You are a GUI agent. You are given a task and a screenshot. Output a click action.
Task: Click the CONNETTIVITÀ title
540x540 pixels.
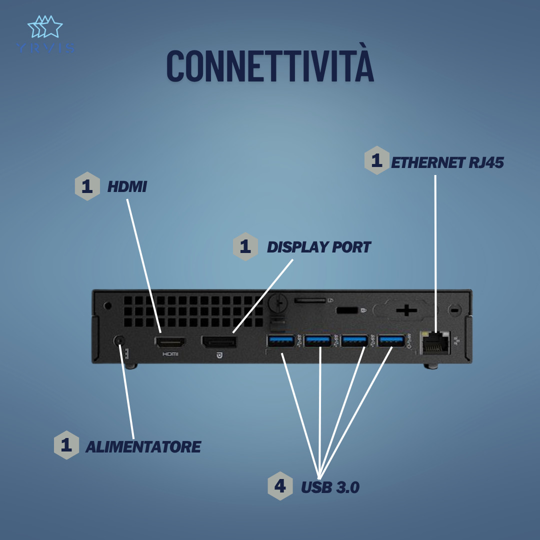click(x=270, y=65)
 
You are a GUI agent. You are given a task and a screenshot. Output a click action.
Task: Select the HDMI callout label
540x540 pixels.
click(x=127, y=186)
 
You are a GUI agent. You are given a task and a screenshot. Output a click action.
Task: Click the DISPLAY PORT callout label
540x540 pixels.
click(x=318, y=247)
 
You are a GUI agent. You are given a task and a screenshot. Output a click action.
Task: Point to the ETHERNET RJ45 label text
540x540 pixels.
click(x=447, y=162)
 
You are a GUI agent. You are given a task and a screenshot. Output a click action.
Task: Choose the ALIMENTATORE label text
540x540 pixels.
click(x=143, y=446)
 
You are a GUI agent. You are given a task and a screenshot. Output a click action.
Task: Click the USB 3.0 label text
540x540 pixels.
click(x=330, y=487)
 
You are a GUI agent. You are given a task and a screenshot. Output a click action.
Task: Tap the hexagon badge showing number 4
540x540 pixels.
click(x=280, y=486)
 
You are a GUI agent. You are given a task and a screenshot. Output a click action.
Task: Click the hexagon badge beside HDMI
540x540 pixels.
click(x=87, y=186)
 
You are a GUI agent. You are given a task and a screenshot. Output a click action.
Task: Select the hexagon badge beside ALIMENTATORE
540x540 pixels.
click(x=66, y=445)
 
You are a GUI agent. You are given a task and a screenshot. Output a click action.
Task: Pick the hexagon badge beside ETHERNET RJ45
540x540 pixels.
click(x=377, y=160)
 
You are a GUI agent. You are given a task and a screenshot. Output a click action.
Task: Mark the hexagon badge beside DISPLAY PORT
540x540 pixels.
click(x=245, y=246)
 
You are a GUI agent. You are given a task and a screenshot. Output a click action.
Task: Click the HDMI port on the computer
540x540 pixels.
click(x=170, y=342)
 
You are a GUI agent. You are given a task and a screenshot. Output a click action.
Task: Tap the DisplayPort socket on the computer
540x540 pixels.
click(x=219, y=342)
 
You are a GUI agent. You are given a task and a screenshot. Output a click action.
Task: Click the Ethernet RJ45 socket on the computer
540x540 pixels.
click(x=435, y=342)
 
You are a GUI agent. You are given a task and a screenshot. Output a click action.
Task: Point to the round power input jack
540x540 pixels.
click(x=119, y=341)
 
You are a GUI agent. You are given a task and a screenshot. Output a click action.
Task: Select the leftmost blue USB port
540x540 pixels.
click(x=281, y=341)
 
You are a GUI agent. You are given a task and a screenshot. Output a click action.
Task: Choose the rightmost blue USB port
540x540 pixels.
click(x=391, y=341)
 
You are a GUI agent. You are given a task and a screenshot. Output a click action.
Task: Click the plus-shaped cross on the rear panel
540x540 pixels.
click(x=406, y=310)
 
